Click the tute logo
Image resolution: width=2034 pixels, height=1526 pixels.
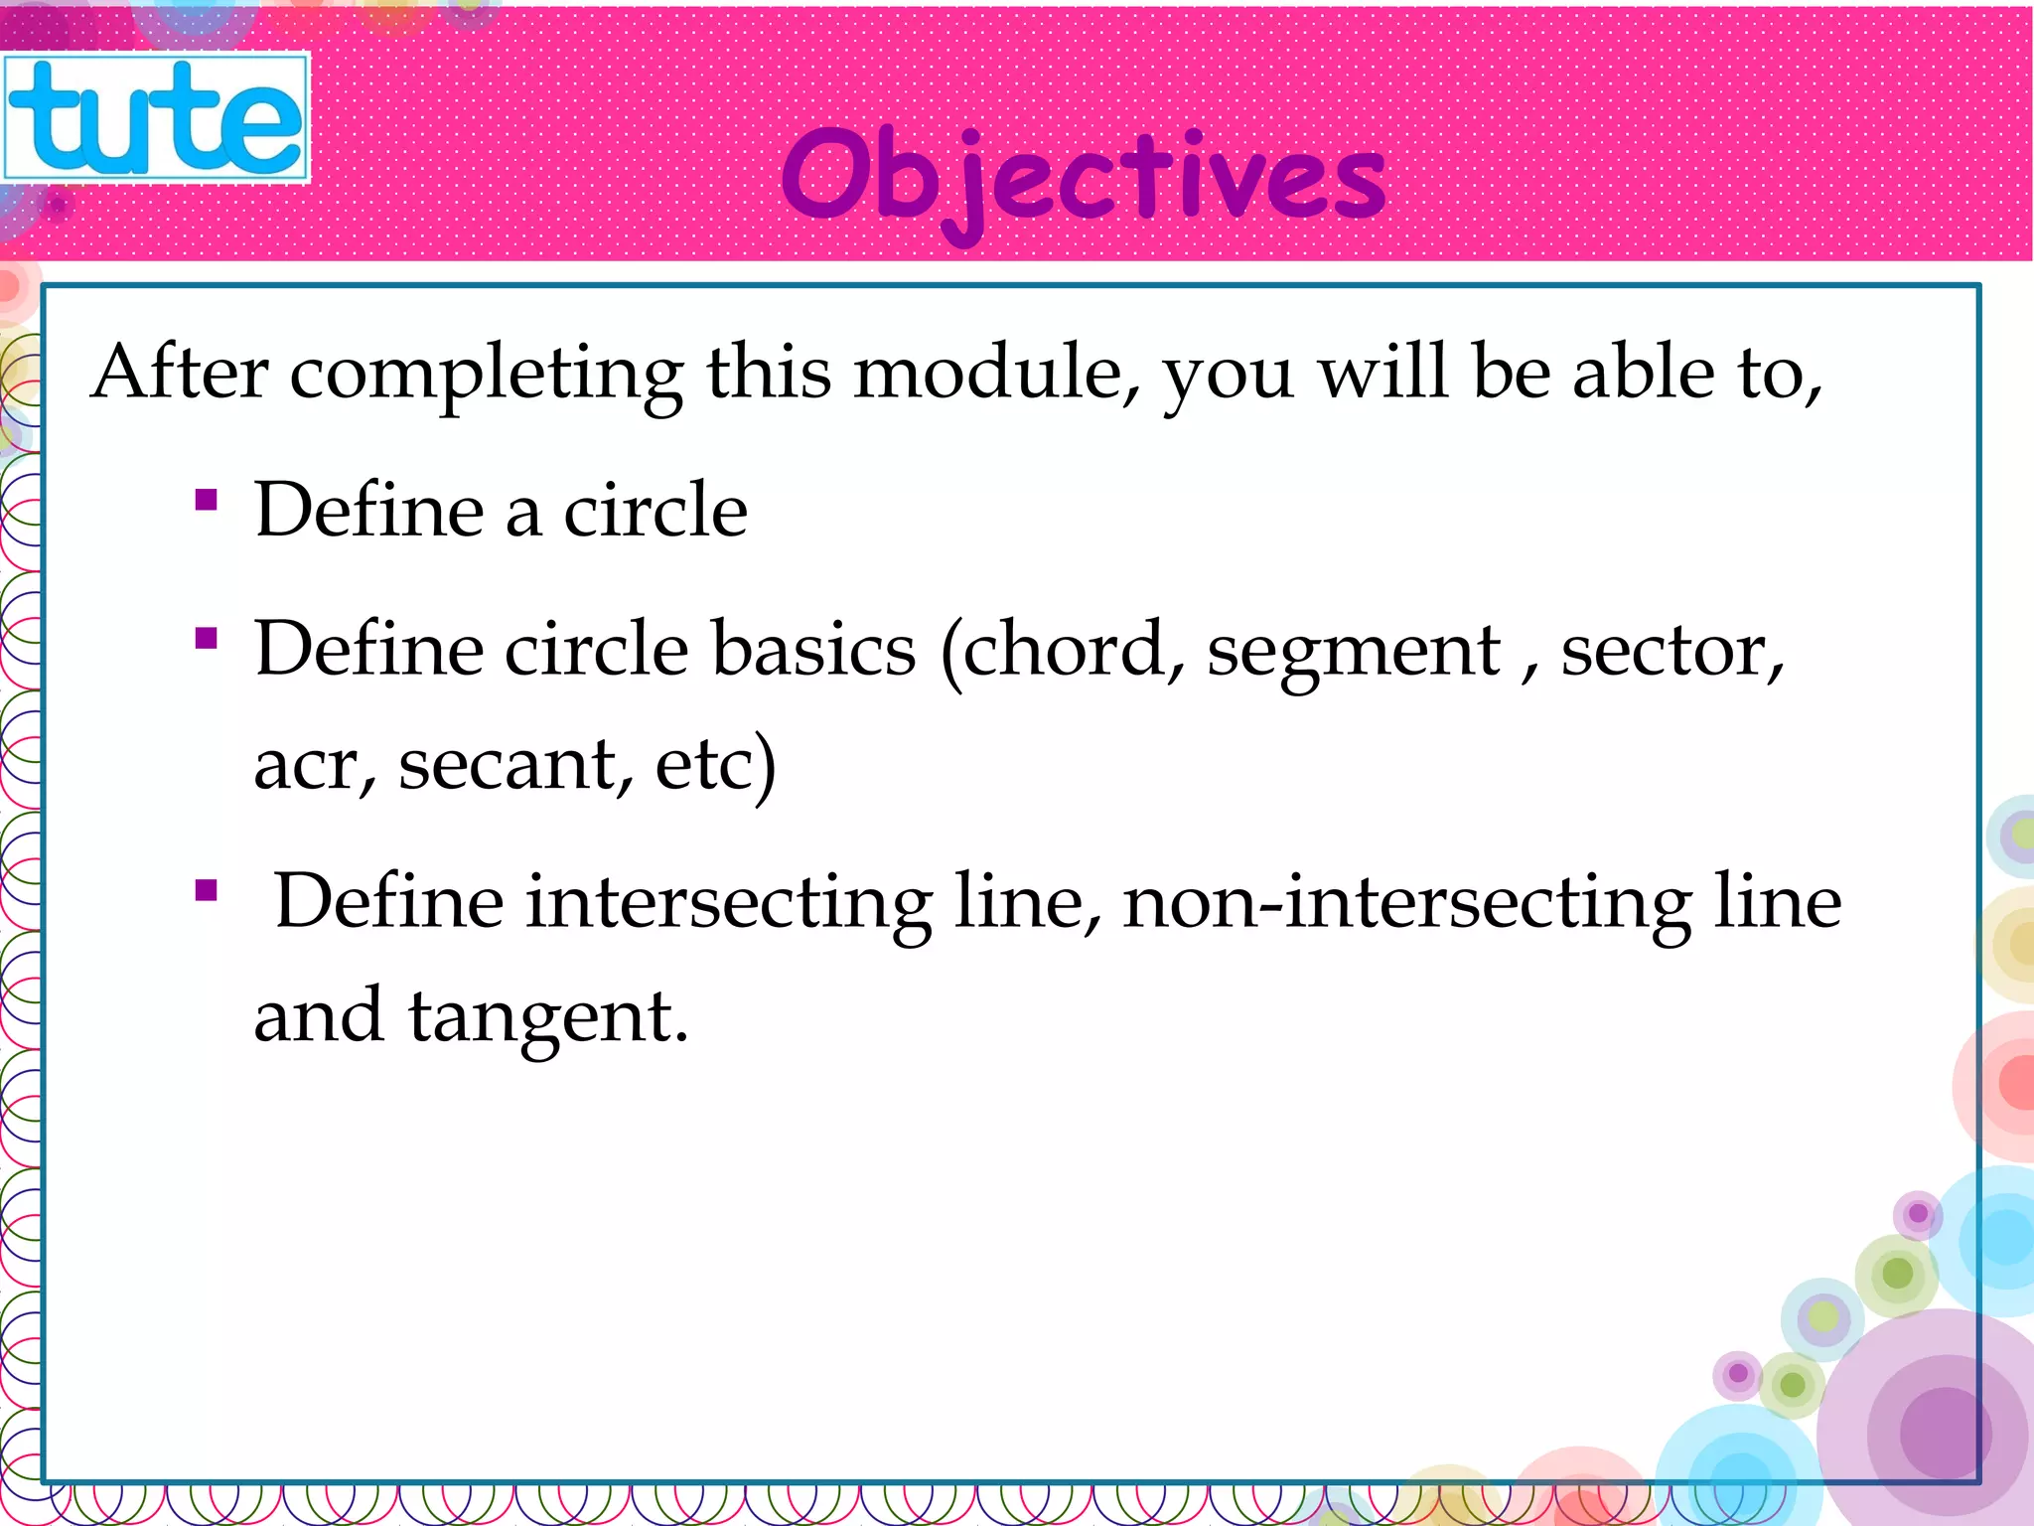tap(156, 118)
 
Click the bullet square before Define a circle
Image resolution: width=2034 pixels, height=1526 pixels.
tap(207, 499)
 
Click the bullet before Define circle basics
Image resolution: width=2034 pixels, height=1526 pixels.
tap(207, 638)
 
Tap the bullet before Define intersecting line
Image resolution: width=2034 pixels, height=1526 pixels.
tap(207, 889)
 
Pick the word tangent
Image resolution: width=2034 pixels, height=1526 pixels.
tap(546, 1017)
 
